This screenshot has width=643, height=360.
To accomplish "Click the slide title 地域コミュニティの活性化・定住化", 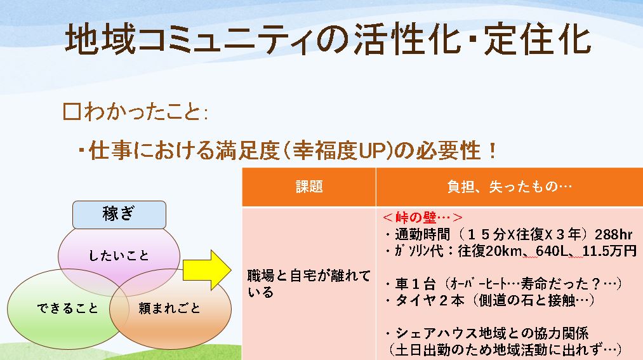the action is [328, 39].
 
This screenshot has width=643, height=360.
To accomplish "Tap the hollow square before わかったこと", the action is [72, 112].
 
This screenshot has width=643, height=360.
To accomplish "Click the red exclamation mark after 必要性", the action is [492, 150].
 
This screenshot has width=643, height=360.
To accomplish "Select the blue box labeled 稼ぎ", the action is [119, 215].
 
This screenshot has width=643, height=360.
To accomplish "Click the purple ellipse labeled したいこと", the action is [119, 256].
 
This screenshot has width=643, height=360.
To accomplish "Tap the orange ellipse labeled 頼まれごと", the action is [170, 309].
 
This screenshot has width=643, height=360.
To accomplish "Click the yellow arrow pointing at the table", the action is [207, 270].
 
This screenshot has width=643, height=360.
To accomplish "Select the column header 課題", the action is [309, 187].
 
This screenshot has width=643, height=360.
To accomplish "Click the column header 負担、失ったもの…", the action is [509, 187].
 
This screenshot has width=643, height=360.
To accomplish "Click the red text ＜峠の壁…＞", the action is [422, 217].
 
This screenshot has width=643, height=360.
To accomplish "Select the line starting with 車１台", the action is [504, 283].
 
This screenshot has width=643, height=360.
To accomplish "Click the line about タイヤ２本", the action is [489, 300].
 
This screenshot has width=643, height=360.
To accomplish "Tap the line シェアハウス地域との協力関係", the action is [487, 333].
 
